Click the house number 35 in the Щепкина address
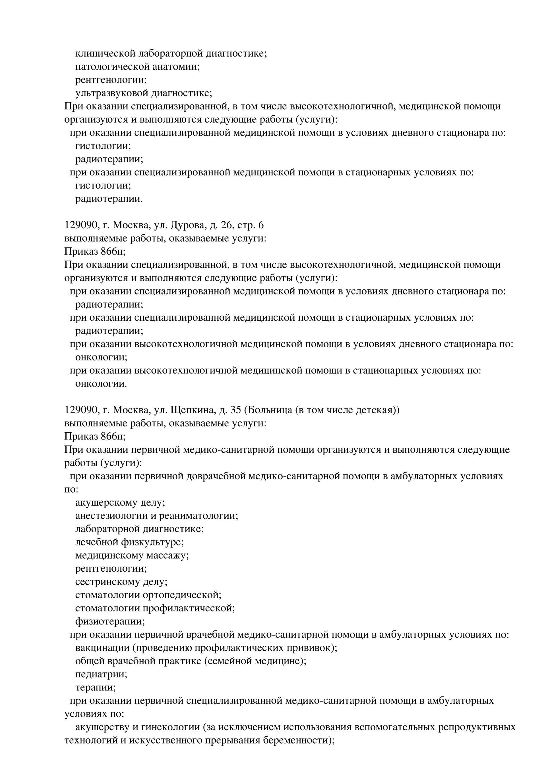coord(236,410)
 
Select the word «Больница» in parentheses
coord(271,410)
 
